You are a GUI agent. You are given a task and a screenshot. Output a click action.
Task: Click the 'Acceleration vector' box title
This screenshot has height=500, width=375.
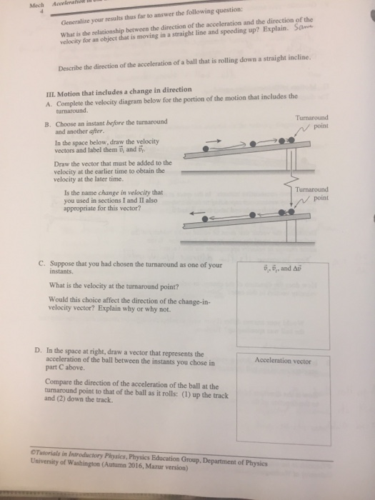(284, 361)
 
